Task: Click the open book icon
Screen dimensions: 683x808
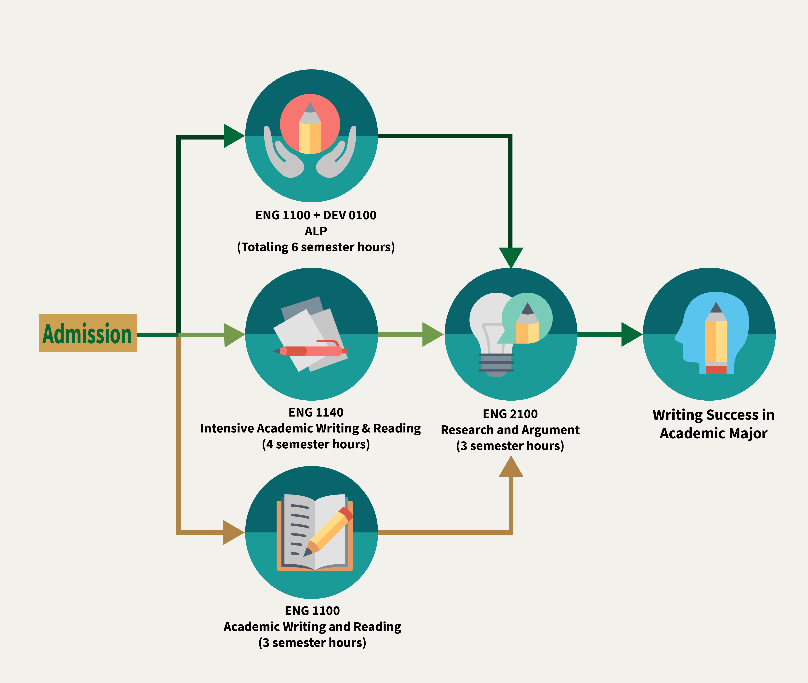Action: click(x=314, y=532)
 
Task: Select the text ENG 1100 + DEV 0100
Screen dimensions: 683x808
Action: click(x=316, y=215)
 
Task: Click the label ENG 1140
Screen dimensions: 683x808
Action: click(x=316, y=412)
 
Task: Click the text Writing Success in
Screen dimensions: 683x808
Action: click(x=713, y=415)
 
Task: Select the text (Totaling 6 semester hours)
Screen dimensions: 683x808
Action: click(x=316, y=247)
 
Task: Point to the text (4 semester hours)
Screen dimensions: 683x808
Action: click(x=316, y=444)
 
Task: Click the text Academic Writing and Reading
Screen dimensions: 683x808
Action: click(x=312, y=626)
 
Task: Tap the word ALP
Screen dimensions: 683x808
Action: click(x=316, y=231)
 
